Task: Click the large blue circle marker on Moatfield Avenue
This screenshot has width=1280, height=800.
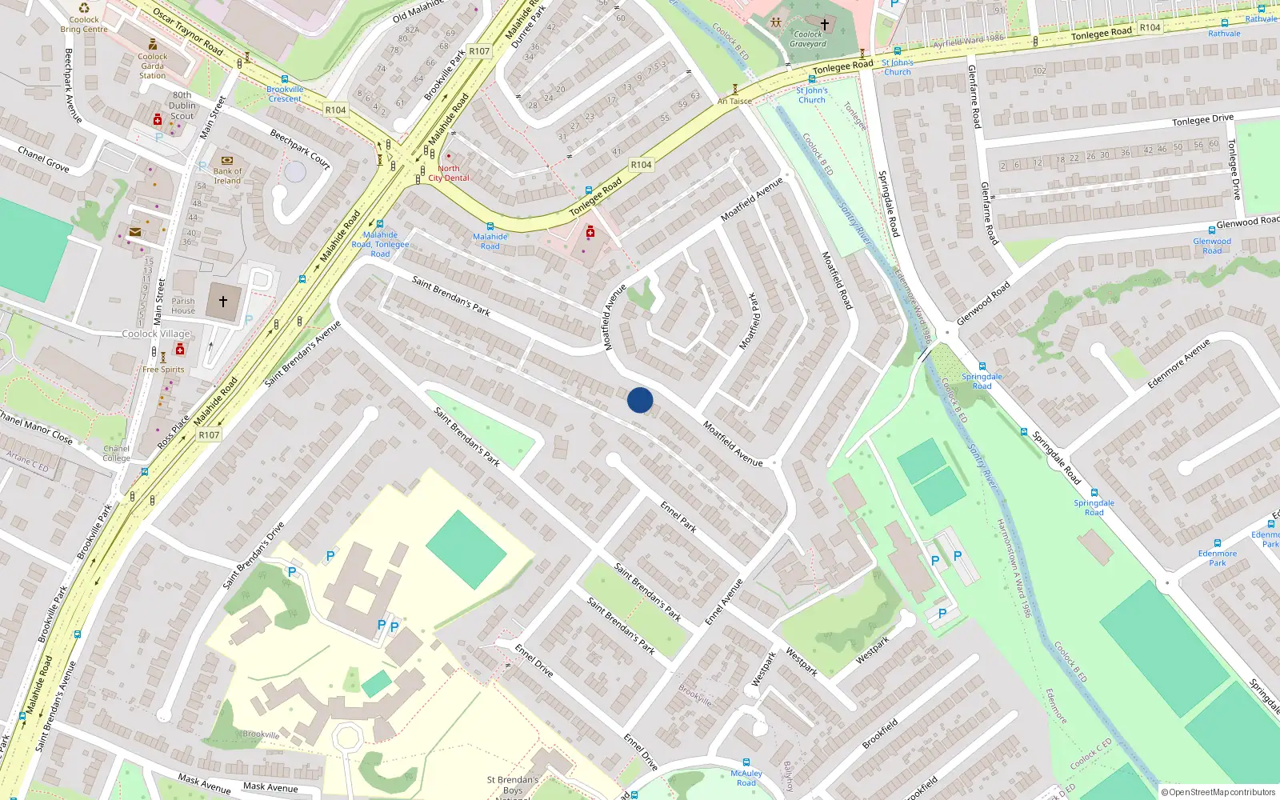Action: click(640, 400)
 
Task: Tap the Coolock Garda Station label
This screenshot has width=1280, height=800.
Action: click(152, 66)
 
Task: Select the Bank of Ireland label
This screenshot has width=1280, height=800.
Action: click(227, 176)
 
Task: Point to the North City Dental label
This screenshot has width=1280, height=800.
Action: click(449, 173)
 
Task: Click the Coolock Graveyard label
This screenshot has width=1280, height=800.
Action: click(808, 39)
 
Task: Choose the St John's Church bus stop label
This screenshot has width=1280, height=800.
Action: click(897, 67)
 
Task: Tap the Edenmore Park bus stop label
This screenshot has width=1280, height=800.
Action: click(1217, 558)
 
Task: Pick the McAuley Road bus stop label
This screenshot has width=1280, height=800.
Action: click(746, 778)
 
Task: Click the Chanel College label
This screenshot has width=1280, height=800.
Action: click(116, 454)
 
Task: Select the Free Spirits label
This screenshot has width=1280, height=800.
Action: click(163, 370)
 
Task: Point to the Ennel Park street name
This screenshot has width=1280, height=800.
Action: click(678, 517)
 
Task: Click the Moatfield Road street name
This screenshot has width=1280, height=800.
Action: click(838, 280)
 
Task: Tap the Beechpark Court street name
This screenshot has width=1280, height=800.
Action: click(300, 149)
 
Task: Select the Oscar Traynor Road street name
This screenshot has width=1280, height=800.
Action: click(187, 31)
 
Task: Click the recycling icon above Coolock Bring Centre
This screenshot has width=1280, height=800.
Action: click(84, 8)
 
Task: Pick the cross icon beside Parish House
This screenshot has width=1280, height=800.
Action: click(223, 302)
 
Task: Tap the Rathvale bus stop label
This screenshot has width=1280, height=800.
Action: click(1224, 34)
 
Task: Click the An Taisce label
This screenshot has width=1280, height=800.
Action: click(734, 101)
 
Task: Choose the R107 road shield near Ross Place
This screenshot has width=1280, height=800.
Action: click(209, 435)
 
